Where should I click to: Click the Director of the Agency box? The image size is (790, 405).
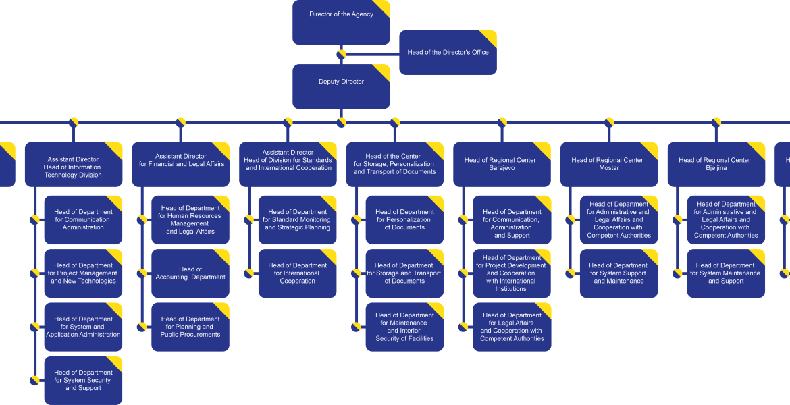point(341,22)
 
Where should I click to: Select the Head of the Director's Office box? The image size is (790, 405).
point(448,53)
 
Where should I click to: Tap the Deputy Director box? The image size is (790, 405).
point(341,86)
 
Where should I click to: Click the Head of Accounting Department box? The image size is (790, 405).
point(190,273)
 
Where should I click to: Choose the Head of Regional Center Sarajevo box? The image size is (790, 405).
point(502,164)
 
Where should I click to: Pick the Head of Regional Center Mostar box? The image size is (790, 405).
point(609,164)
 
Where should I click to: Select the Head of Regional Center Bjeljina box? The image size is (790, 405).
point(716,164)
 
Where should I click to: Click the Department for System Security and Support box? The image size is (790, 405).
point(83,380)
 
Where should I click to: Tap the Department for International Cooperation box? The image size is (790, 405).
point(297,273)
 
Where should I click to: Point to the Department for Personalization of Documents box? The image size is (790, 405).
point(404,220)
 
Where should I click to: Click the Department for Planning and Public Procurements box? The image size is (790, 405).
point(190,327)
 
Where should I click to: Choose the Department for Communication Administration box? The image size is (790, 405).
point(83,220)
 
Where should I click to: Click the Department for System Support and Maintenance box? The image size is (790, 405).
point(618,273)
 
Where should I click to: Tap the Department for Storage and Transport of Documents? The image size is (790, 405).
point(404,273)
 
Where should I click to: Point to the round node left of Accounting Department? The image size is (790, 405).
point(142,273)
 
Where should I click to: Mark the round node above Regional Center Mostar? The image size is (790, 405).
point(609,122)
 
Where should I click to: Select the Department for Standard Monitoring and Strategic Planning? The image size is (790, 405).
point(297,220)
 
